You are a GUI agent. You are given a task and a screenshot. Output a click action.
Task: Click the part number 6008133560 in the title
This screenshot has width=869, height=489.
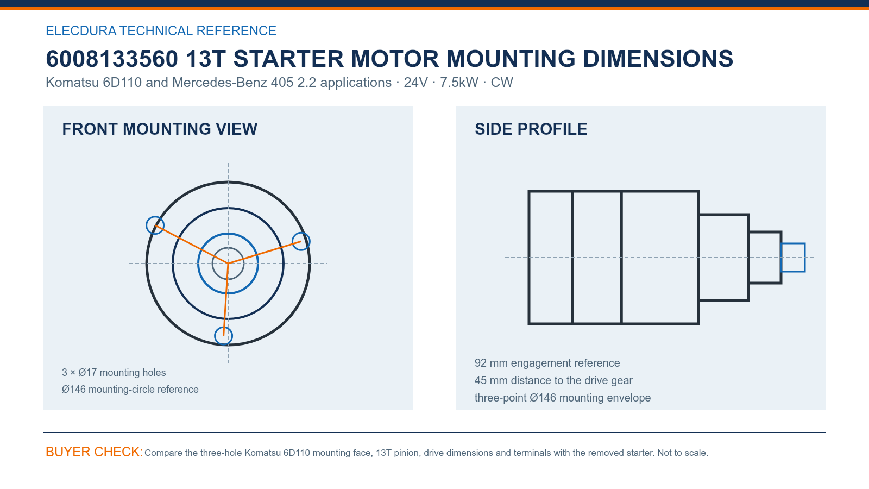tap(112, 59)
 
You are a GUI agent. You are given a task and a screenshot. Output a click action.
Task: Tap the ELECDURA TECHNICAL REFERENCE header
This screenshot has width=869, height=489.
tap(161, 30)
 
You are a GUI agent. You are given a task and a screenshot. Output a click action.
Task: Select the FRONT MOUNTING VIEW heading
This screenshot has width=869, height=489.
tap(160, 129)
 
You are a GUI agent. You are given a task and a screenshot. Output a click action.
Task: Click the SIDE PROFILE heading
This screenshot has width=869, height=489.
tap(531, 129)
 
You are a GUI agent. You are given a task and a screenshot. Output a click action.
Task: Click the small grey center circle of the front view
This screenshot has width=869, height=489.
tap(228, 248)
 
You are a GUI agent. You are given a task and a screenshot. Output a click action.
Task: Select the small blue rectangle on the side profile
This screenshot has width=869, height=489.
tap(793, 244)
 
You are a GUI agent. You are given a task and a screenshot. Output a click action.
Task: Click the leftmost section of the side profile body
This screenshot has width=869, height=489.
tap(529, 258)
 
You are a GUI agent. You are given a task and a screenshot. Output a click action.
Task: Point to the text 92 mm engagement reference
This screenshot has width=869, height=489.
tap(547, 363)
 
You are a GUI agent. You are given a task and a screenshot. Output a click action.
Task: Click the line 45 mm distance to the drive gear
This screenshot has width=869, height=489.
tap(553, 380)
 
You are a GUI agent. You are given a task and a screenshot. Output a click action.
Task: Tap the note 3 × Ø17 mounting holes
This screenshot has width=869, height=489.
tap(114, 373)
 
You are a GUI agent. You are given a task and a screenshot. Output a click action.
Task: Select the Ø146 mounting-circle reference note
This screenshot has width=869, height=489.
tap(130, 389)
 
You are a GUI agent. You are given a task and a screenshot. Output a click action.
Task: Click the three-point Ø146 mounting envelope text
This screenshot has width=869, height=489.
tap(563, 398)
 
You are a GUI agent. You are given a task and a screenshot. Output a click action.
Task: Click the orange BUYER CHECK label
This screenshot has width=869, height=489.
tap(95, 452)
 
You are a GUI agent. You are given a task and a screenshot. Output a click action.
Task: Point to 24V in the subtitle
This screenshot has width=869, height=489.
tap(415, 82)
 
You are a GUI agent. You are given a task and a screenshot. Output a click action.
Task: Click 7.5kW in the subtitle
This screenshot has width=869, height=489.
tap(459, 82)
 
